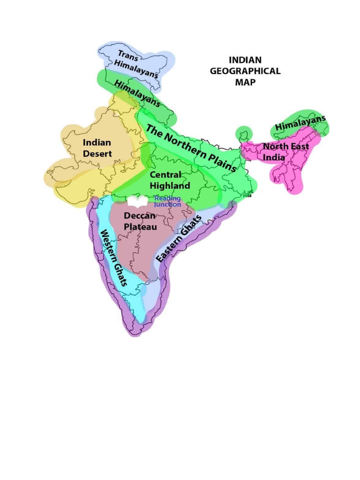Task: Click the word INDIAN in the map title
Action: tap(245, 60)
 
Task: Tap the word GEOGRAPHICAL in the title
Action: tap(245, 71)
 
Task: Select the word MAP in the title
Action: tap(245, 82)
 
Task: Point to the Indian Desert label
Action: tap(97, 148)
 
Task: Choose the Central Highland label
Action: tap(170, 180)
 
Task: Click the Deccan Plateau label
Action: tap(140, 221)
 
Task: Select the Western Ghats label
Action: tap(114, 257)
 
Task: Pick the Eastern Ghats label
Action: tap(179, 239)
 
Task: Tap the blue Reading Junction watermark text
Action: tap(167, 202)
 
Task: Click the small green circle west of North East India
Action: tap(244, 134)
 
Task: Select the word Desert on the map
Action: tap(97, 154)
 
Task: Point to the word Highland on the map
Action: tap(170, 186)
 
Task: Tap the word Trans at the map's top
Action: tap(127, 55)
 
